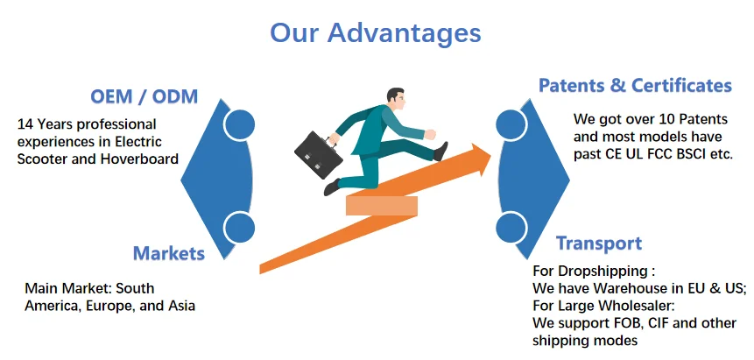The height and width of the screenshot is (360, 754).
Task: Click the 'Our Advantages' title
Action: click(375, 33)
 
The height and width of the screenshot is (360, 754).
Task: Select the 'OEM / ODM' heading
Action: click(144, 96)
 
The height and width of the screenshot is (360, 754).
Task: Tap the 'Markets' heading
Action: click(169, 253)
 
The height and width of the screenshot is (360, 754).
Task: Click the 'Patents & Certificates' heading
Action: click(635, 86)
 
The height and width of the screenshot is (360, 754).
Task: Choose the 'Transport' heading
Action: click(599, 243)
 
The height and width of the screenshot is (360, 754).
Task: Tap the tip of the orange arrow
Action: click(490, 154)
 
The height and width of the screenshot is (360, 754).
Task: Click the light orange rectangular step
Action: click(381, 206)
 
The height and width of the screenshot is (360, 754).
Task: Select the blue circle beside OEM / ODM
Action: click(239, 125)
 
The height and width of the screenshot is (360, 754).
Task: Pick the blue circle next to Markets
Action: click(239, 227)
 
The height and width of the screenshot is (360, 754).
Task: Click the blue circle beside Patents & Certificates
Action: click(511, 125)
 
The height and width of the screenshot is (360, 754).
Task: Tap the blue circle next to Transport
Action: click(511, 227)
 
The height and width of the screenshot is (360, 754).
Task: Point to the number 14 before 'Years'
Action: click(25, 124)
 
